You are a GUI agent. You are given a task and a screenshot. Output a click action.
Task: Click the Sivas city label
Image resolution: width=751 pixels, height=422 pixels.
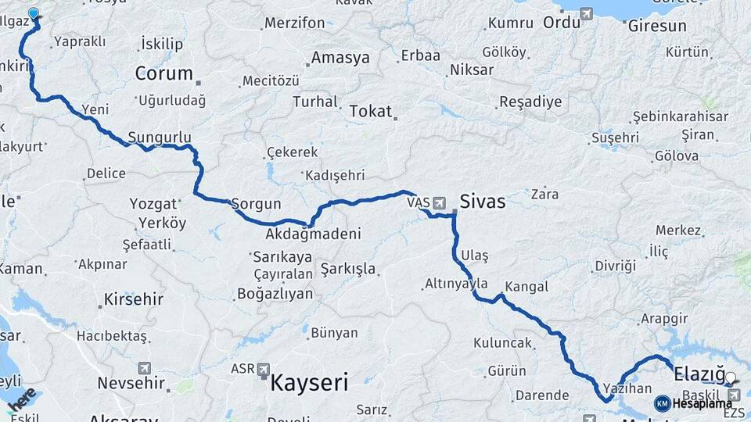(x=483, y=202)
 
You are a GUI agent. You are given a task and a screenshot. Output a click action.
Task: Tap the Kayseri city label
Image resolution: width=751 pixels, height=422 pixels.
(x=309, y=383)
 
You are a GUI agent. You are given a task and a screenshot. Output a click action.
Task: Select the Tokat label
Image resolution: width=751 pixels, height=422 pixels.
(x=370, y=111)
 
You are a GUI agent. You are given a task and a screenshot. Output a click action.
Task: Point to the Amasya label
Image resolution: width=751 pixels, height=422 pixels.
(x=340, y=58)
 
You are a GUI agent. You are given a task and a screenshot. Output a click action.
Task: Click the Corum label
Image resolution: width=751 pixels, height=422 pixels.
(x=163, y=73)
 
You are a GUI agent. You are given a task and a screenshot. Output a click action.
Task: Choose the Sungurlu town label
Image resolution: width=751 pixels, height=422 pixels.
(x=159, y=137)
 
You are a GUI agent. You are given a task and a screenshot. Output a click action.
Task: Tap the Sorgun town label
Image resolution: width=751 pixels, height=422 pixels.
(x=256, y=204)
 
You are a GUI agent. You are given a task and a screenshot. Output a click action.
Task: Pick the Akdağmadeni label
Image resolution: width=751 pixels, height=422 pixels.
(x=313, y=234)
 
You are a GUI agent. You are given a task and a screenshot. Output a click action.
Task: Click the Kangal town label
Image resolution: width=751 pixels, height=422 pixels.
(x=526, y=287)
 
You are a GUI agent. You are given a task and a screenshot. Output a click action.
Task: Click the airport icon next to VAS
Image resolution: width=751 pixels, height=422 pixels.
(x=439, y=203)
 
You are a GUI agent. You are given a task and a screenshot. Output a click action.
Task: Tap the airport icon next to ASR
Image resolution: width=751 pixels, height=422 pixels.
(x=263, y=369)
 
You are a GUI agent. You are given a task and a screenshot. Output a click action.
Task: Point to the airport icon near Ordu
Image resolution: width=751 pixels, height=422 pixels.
(x=585, y=13)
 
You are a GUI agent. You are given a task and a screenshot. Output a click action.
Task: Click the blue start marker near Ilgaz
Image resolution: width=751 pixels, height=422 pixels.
(x=34, y=13)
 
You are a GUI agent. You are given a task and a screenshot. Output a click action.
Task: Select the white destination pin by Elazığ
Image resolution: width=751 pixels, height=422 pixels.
(x=731, y=379)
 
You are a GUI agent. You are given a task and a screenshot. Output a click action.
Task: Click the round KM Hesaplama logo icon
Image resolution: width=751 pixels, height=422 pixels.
(x=662, y=403)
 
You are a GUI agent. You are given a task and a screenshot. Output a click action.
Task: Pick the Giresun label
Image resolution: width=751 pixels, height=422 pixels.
(x=656, y=26)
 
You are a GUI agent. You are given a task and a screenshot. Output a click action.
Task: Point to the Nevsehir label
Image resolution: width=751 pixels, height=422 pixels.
(x=131, y=383)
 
